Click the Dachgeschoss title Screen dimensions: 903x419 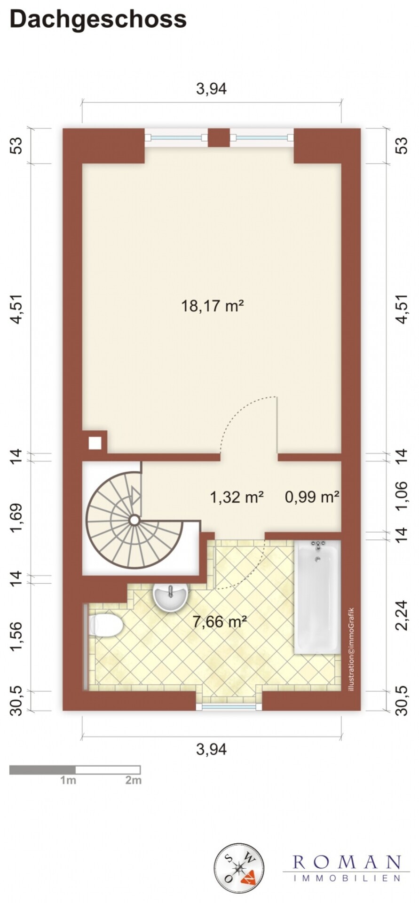98,19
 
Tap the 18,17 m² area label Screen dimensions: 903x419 212,306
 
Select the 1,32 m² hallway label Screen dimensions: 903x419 236,497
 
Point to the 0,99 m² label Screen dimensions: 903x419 312,497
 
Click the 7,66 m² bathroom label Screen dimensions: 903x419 220,622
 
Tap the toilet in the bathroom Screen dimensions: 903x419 106,626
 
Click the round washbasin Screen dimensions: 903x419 170,596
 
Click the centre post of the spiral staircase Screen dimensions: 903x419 134,520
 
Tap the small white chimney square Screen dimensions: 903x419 95,443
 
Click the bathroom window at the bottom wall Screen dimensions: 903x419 229,706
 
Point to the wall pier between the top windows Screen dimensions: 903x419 219,138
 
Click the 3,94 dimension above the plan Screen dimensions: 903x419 211,88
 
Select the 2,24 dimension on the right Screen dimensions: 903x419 401,615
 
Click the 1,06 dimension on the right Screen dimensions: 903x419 401,496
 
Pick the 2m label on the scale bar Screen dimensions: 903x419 133,781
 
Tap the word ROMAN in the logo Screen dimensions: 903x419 347,862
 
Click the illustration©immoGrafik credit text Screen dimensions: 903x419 351,650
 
